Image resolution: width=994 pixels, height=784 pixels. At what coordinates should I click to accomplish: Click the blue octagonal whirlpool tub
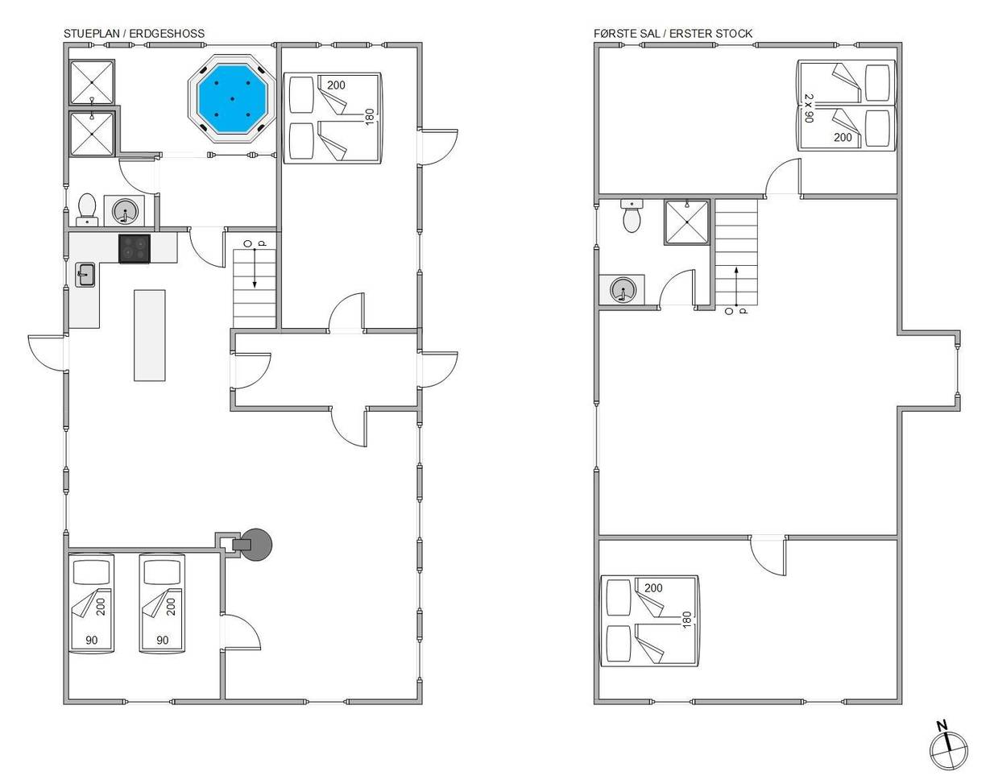232,99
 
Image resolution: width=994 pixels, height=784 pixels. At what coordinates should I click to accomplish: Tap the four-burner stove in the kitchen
135,248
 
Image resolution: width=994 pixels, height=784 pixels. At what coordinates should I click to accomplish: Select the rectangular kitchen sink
85,275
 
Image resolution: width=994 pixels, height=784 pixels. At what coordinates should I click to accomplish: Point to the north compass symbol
948,751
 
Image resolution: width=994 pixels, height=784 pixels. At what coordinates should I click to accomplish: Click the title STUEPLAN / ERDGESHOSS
134,34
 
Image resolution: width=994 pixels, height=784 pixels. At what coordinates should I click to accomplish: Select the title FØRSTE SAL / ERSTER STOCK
673,34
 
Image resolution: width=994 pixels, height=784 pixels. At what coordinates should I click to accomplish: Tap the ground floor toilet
87,209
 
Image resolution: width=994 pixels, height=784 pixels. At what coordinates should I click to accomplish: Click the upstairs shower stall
686,222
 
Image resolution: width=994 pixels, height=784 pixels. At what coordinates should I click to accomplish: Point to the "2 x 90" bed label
809,108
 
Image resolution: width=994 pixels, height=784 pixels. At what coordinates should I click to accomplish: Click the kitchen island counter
150,335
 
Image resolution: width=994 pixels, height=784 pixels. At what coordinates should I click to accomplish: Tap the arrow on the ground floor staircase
255,268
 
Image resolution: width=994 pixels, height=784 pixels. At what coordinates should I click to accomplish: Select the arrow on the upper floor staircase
736,286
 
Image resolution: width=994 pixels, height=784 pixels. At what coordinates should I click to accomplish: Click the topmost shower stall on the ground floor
92,81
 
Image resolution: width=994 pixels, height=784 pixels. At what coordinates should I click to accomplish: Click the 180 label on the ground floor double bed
369,118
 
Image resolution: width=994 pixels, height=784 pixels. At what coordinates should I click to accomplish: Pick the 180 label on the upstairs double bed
687,620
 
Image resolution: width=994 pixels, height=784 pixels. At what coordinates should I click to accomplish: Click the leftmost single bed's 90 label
92,640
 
